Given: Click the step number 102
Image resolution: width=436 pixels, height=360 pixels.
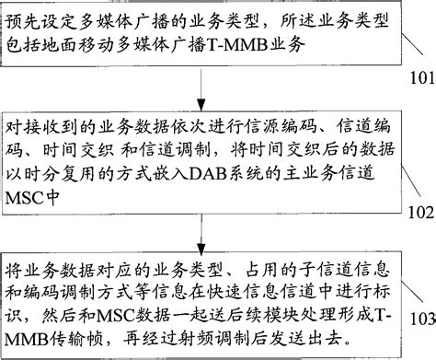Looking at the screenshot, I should [417, 213].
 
